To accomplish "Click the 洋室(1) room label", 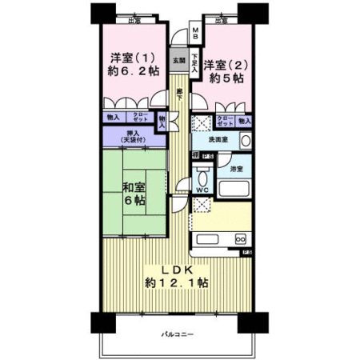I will pyautogui.click(x=129, y=58).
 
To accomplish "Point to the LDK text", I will pyautogui.click(x=178, y=267).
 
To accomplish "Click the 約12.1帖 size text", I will pyautogui.click(x=178, y=282).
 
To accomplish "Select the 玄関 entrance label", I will pyautogui.click(x=178, y=61).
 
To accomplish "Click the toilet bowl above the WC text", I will pyautogui.click(x=202, y=177).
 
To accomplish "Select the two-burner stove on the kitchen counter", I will pyautogui.click(x=239, y=239).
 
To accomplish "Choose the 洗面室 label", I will pyautogui.click(x=218, y=140).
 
